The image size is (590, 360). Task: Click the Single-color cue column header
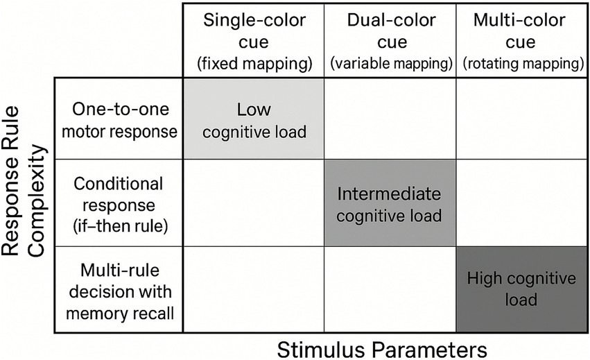[254, 31]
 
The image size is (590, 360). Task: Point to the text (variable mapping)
[391, 65]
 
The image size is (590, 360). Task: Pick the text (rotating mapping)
[521, 65]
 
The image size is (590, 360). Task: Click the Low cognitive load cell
[254, 119]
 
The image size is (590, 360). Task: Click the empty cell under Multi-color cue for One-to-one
[521, 119]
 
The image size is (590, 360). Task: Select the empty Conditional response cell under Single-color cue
[254, 203]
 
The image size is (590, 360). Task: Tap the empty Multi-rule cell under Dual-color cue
[390, 289]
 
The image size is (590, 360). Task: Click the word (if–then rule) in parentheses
[119, 225]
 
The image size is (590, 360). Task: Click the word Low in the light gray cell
[254, 110]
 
